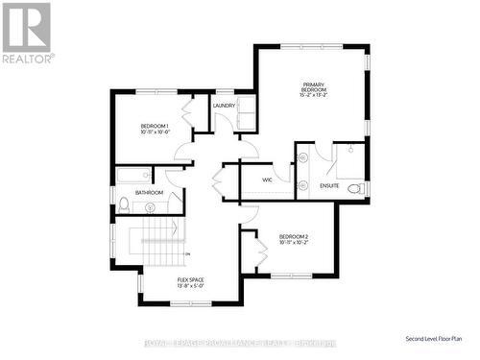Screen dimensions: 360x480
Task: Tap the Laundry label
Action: (225, 106)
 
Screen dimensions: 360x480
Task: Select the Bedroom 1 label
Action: (155, 126)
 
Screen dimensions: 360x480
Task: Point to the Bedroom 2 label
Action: (293, 236)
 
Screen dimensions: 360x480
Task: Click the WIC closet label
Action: (268, 180)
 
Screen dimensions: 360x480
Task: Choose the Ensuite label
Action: (329, 185)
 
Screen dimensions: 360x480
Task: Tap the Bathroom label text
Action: (149, 193)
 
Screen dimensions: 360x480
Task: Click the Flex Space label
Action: (189, 279)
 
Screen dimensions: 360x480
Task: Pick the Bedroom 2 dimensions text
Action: (293, 243)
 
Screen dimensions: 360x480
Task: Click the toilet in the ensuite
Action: (353, 187)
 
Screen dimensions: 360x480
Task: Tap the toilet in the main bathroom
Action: (124, 204)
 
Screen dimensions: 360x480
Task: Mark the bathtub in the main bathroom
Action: (133, 175)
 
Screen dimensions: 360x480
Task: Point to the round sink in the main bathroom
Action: (149, 207)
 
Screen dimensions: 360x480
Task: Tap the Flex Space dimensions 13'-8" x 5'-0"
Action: (189, 286)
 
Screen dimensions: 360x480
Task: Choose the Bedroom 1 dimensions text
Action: (155, 132)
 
